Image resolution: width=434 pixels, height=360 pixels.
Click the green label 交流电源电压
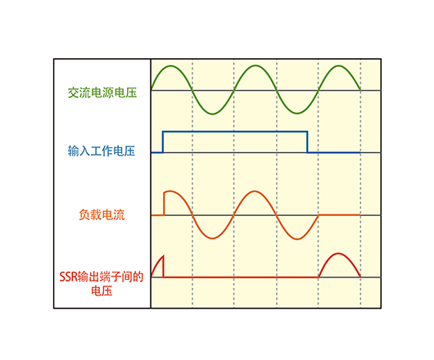coord(102,92)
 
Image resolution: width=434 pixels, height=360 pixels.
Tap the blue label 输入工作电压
coord(102,151)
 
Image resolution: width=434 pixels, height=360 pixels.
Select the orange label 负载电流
coord(102,214)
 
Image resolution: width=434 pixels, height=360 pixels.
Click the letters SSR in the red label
coord(68,277)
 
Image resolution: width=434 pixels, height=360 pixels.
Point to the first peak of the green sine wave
coord(171,65)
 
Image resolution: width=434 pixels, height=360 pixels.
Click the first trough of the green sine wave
coord(213,114)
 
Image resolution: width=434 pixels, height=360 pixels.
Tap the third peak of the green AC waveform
coord(339,65)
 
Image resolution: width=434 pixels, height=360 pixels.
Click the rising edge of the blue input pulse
coord(163,142)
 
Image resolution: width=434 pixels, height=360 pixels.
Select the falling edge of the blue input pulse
coord(307,142)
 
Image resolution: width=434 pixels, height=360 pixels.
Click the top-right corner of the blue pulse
coord(307,132)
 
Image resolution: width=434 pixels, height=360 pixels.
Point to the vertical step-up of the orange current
coord(165,203)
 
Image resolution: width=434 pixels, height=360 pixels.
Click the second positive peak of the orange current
coord(255,191)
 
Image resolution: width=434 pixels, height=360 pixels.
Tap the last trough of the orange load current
coord(297,239)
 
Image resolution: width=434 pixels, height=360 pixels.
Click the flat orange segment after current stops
coord(340,214)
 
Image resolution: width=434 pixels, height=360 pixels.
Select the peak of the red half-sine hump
coord(338,254)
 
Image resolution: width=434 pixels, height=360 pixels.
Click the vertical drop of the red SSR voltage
coord(163,266)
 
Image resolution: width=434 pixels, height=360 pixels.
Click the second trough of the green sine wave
coord(297,114)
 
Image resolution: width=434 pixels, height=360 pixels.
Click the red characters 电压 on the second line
coord(102,291)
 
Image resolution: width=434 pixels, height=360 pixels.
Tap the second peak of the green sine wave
coord(255,65)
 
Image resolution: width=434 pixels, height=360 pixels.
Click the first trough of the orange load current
coord(213,238)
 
